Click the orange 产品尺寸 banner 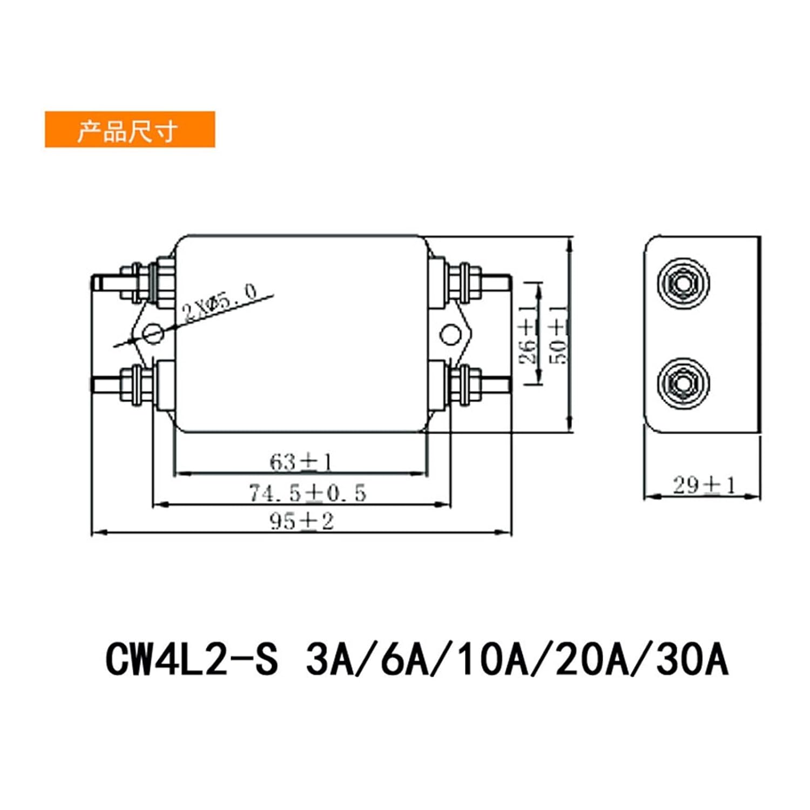[130, 130]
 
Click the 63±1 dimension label [301, 462]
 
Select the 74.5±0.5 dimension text [307, 493]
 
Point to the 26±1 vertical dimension [528, 335]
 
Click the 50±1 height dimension [558, 335]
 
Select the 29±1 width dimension [704, 485]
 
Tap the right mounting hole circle [450, 335]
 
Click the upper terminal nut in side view [683, 283]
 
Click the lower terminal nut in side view [683, 383]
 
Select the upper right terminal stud [497, 282]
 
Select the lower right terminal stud [497, 384]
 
